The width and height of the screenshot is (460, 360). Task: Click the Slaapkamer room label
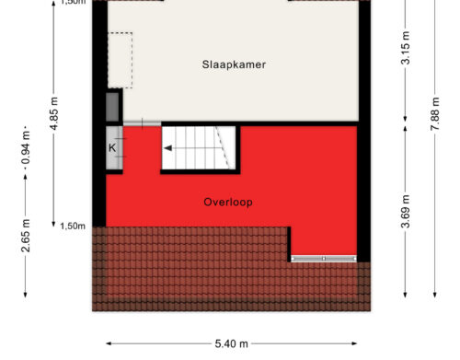tap(234, 64)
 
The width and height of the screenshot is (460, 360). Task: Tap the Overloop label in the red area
tap(228, 203)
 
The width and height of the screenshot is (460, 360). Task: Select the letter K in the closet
tap(112, 148)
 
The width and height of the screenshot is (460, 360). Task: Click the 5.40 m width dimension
tap(231, 343)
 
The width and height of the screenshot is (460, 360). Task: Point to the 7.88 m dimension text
tap(435, 113)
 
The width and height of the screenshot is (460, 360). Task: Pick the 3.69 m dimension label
tap(406, 212)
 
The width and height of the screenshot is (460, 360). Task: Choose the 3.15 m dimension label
tap(406, 48)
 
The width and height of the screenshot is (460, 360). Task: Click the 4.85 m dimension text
tap(54, 113)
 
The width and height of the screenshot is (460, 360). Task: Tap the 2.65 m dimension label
tap(26, 236)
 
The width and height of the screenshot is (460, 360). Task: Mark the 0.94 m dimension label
tap(26, 147)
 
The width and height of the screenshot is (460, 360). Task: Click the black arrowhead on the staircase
tap(168, 148)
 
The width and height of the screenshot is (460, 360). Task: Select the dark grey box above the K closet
tap(112, 107)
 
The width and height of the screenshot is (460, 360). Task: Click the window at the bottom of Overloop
tap(324, 259)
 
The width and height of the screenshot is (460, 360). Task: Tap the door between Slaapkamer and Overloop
tap(142, 123)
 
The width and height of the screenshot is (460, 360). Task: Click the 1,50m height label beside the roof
tap(73, 226)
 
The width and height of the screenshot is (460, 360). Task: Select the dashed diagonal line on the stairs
tap(222, 147)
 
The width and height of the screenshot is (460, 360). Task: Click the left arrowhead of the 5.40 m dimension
tap(109, 343)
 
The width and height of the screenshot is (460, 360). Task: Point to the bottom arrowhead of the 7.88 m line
tap(435, 295)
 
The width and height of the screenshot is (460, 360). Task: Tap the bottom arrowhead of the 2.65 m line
tap(26, 295)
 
